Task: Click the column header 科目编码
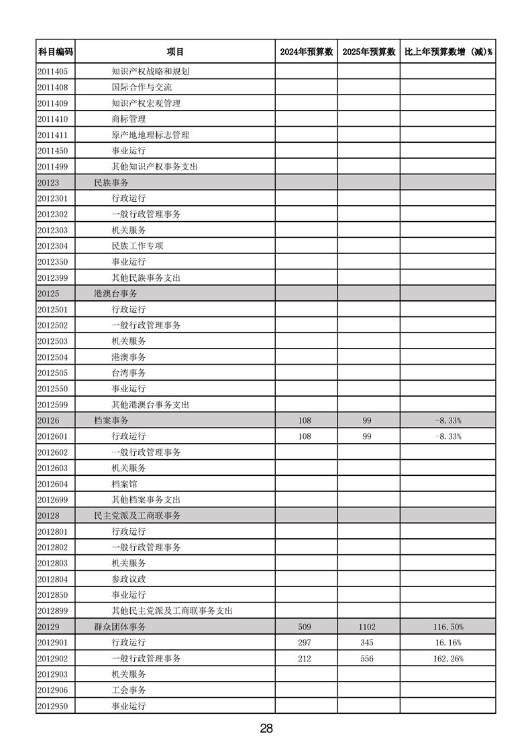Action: pos(55,52)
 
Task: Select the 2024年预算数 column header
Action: pos(306,52)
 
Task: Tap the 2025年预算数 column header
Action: pos(368,52)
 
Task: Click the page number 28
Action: pos(266,729)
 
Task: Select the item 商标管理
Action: pos(128,119)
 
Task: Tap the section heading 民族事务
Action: pos(111,182)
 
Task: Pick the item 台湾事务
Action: pos(128,373)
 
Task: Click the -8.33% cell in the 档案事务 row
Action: pos(447,420)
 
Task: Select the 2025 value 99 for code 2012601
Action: pos(367,436)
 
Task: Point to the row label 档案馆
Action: pos(124,484)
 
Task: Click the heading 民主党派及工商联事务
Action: pos(137,515)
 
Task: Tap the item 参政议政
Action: pos(128,579)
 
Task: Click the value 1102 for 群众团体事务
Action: pos(367,627)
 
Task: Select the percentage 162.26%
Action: pos(447,659)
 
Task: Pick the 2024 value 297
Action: pos(305,643)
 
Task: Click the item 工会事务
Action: pos(128,690)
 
